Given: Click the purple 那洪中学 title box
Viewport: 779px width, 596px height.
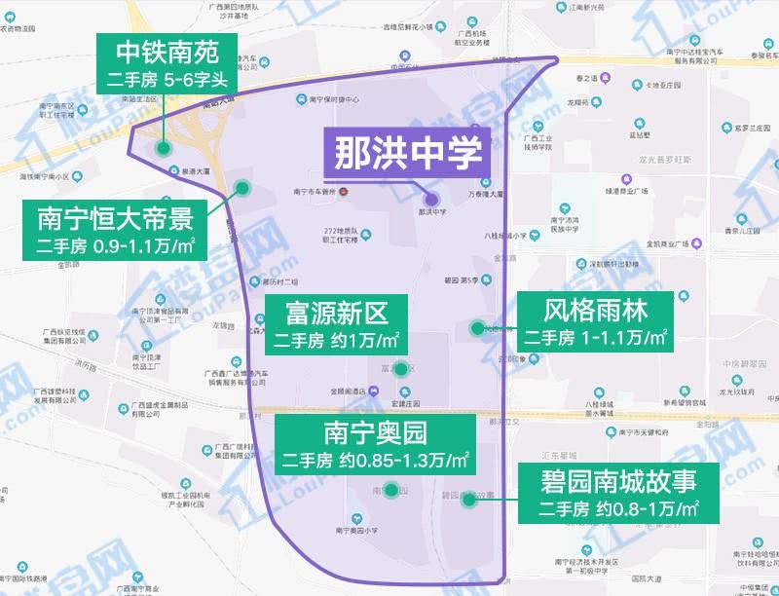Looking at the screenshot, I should tap(408, 154).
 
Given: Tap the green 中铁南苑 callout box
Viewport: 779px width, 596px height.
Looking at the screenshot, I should tap(164, 64).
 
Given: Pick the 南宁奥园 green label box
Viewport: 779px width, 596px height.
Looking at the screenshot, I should tap(375, 444).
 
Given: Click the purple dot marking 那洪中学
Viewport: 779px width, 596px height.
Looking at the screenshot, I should tap(431, 200).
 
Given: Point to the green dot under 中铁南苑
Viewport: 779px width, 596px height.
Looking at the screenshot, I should tap(164, 149).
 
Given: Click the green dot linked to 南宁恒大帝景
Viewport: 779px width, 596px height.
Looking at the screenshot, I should tap(241, 188).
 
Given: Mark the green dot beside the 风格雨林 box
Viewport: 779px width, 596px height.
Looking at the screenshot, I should tap(477, 328).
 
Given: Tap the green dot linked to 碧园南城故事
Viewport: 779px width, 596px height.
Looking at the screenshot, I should tap(468, 500).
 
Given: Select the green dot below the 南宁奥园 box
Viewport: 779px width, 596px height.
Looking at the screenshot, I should tap(390, 491).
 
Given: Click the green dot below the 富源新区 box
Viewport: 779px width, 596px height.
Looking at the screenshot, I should tap(400, 368).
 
